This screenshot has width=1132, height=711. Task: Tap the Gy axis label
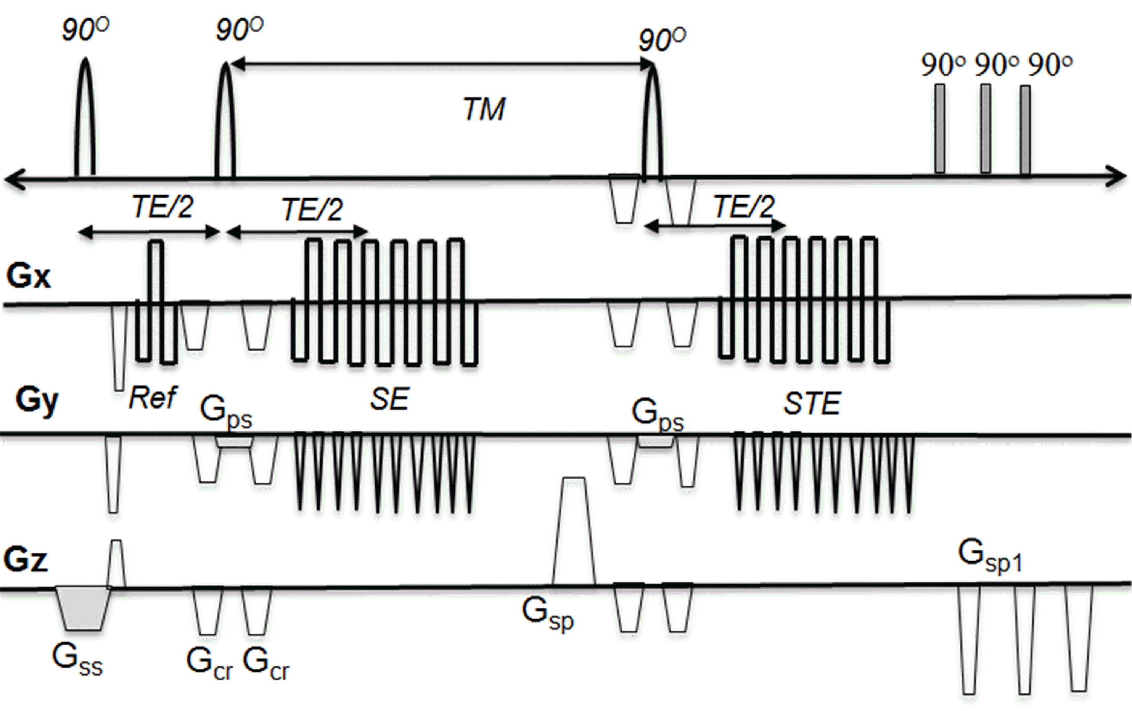pos(37,401)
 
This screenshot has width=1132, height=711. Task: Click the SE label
pos(389,400)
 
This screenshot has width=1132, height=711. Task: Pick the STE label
pos(812,404)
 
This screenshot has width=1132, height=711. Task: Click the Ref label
pos(152,398)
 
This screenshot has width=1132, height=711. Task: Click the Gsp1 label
pos(990,556)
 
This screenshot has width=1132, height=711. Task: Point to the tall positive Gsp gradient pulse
pos(574,531)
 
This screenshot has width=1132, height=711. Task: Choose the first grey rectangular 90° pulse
pos(940,128)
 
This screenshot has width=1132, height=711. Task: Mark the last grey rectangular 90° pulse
pos(1025,129)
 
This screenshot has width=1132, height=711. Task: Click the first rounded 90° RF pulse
pos(85,117)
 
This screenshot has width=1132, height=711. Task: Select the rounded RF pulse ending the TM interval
pos(652,122)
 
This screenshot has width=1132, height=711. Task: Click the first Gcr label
pos(209,663)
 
